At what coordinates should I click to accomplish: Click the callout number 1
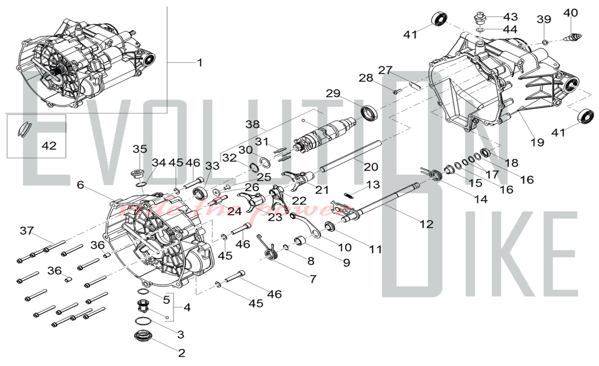[x=200, y=63]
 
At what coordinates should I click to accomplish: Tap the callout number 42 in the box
[x=49, y=146]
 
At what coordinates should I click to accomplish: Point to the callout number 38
[x=252, y=124]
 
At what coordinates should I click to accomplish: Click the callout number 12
[x=426, y=224]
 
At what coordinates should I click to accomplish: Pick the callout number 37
[x=27, y=230]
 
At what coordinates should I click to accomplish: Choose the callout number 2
[x=181, y=353]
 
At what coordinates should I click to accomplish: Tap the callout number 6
[x=80, y=184]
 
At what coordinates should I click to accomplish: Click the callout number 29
[x=333, y=93]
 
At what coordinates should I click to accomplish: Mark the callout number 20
[x=371, y=167]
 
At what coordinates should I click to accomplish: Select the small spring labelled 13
[x=349, y=195]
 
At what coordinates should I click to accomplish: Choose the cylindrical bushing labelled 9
[x=300, y=241]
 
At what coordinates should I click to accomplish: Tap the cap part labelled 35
[x=139, y=174]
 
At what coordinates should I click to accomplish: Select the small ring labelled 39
[x=545, y=42]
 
